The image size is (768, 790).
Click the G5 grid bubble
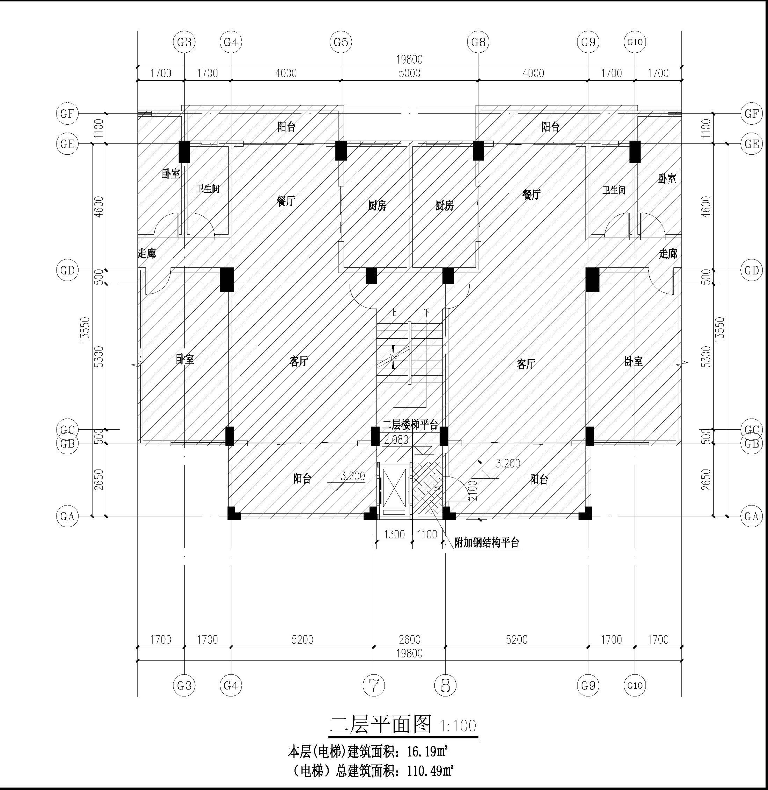click(x=341, y=42)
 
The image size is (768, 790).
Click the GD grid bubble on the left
click(x=67, y=270)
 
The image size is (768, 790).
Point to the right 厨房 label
click(x=445, y=206)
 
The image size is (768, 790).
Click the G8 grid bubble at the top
click(x=478, y=42)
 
